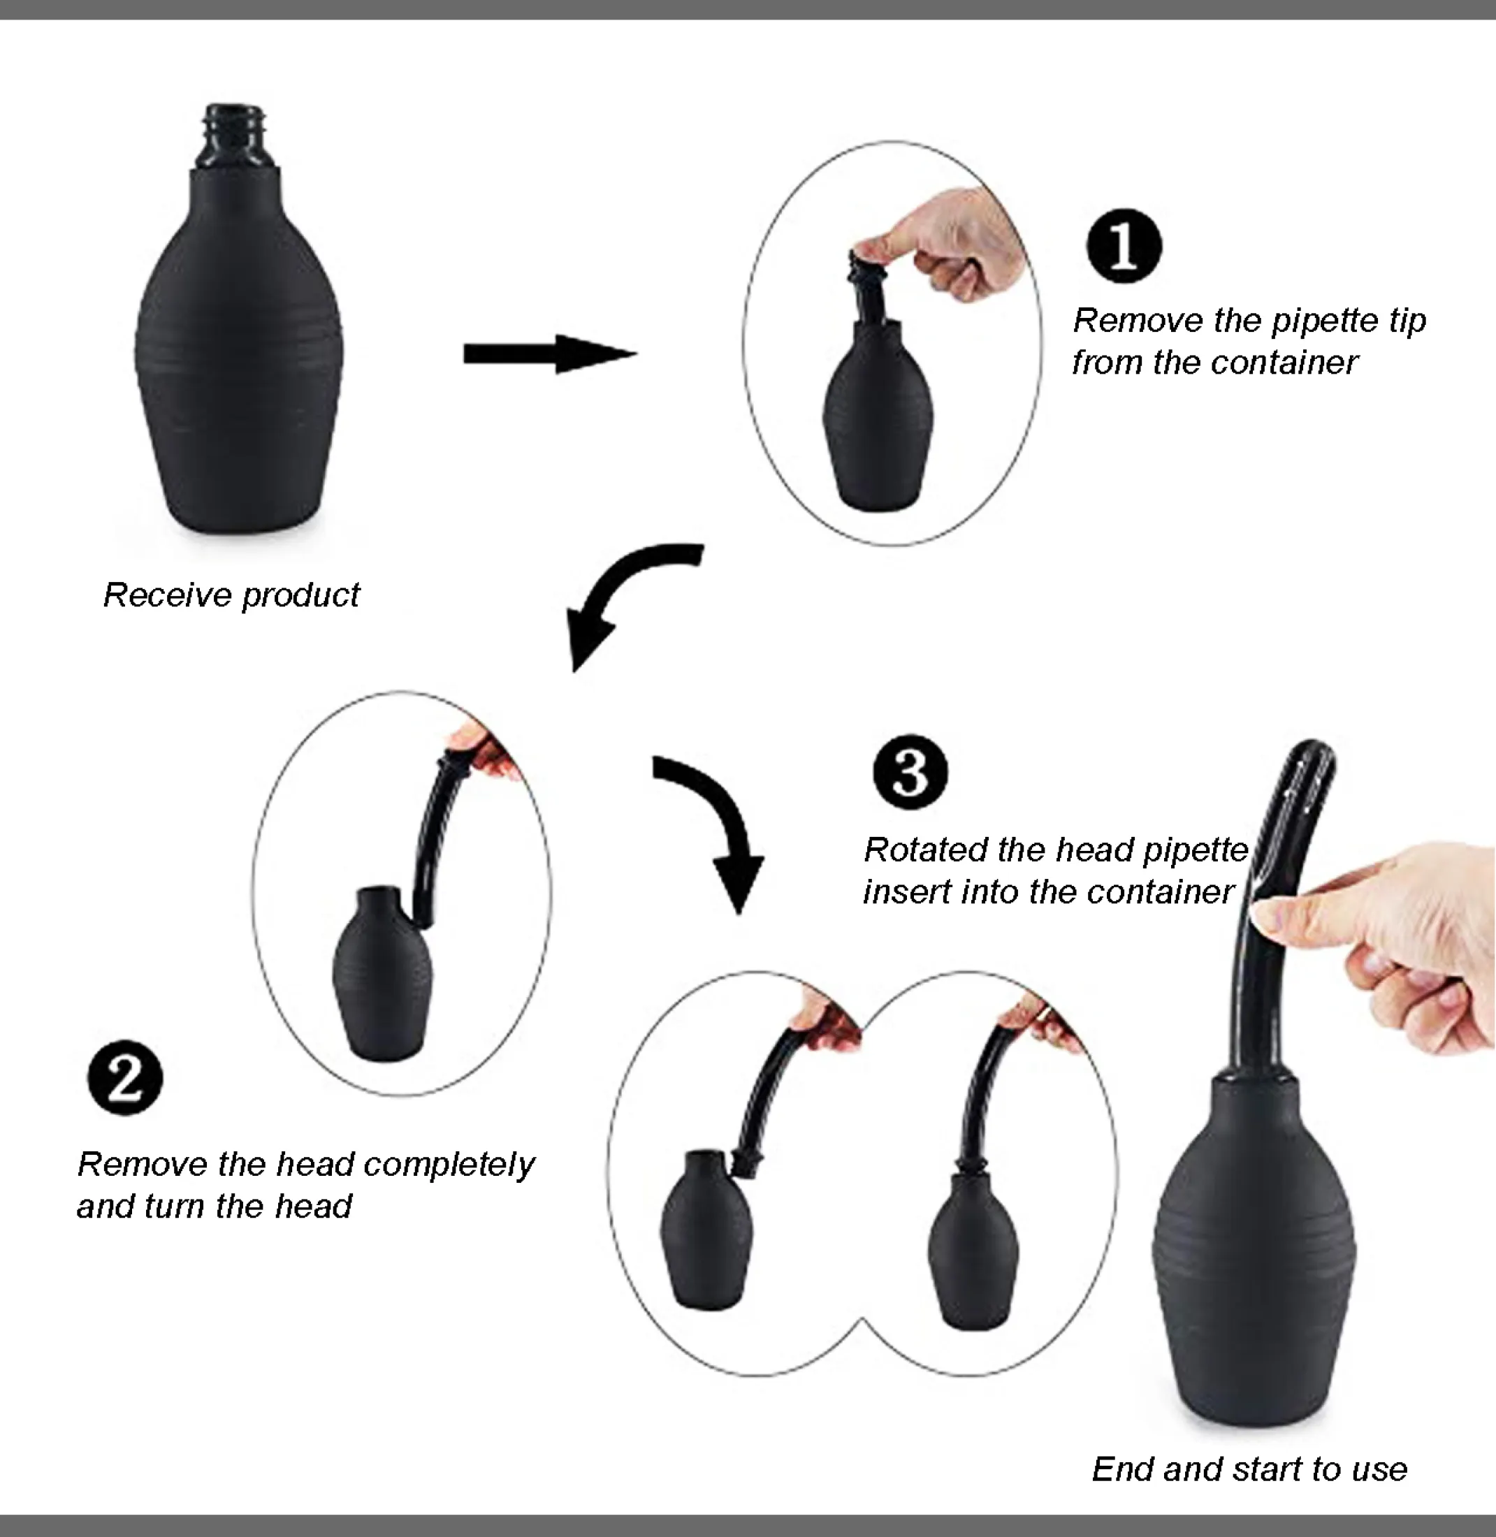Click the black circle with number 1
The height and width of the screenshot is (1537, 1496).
1124,246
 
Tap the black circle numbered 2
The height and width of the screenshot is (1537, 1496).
125,1077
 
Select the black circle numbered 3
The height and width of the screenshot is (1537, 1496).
910,771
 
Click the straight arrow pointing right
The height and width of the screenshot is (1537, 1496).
550,354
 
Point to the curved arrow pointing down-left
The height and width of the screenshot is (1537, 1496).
620,585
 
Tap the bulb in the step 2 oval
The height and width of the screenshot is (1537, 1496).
383,974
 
